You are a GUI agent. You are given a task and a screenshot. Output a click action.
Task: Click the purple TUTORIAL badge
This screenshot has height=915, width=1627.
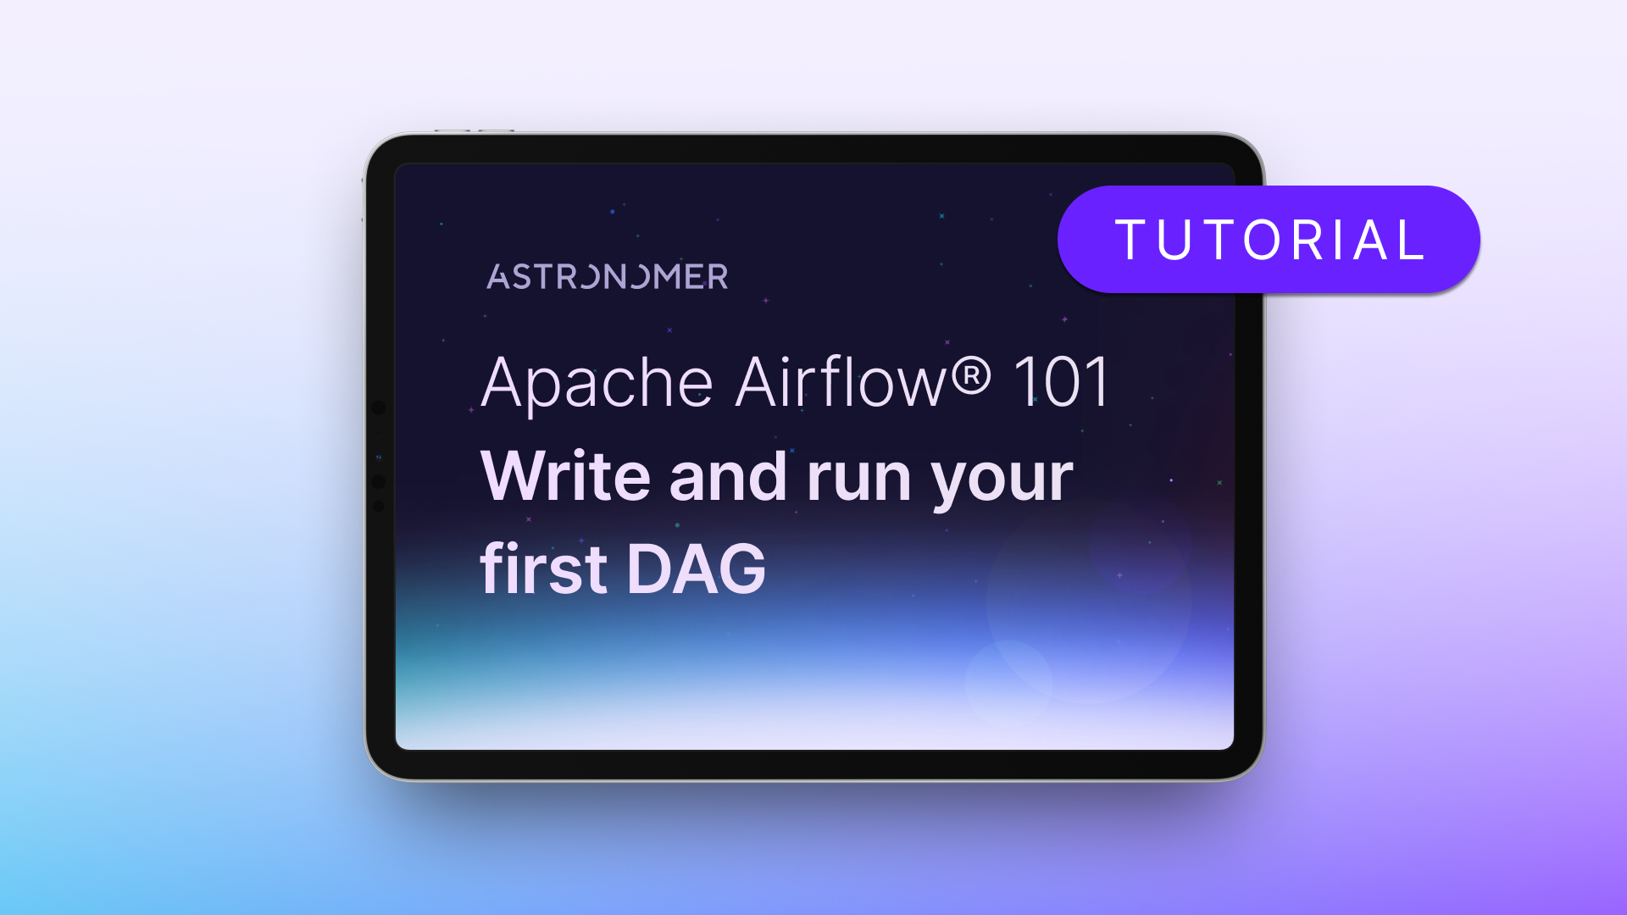point(1269,240)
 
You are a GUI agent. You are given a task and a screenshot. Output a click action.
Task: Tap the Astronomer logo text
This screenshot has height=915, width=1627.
point(607,277)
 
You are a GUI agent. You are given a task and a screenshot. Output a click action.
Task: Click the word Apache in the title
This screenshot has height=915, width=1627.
point(597,384)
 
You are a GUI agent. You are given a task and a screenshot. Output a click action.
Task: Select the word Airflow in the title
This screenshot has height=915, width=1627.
point(841,382)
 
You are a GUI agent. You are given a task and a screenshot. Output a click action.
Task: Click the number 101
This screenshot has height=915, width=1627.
point(1060,383)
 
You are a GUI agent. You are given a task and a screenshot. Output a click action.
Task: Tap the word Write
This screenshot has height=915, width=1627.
point(565,476)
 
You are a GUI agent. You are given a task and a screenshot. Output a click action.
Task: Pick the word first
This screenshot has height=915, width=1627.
point(543,569)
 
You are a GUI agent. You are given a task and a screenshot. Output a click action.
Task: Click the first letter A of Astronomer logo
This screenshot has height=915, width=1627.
point(497,277)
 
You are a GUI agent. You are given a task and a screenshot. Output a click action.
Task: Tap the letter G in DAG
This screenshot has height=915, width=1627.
point(742,569)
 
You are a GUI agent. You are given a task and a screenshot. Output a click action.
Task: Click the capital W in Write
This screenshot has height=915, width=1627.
point(517,476)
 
